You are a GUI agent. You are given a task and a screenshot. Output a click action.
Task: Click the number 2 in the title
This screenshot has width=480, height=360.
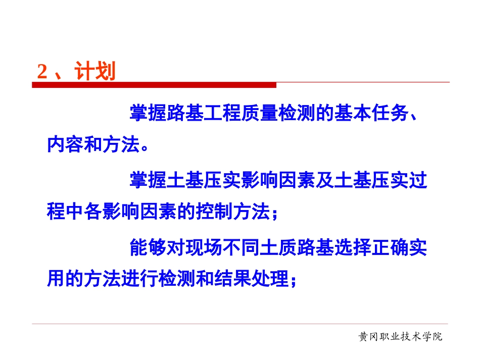(x=42, y=72)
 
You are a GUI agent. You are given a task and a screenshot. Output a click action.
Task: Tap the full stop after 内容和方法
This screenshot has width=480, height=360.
(x=145, y=147)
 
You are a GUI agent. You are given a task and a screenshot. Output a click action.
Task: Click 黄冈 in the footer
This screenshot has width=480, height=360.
(x=367, y=336)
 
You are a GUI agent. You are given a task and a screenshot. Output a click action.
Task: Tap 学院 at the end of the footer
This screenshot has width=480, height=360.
(x=433, y=336)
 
